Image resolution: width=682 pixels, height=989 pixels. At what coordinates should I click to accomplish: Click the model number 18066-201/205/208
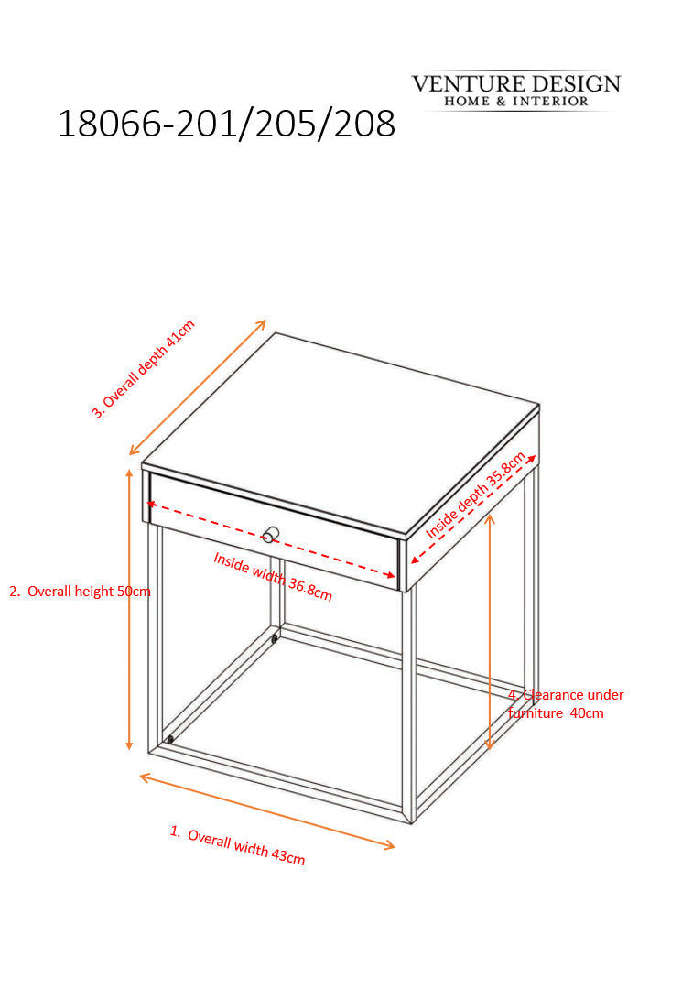(x=226, y=124)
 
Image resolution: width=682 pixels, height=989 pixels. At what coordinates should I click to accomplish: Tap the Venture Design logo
(x=515, y=91)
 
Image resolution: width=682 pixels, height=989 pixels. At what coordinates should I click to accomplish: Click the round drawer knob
(x=270, y=535)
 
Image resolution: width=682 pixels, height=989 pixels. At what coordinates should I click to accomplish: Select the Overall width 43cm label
(x=238, y=845)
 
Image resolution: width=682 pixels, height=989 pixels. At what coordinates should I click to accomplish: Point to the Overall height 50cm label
(x=80, y=591)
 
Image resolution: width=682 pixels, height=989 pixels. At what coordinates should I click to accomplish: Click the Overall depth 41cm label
(x=143, y=369)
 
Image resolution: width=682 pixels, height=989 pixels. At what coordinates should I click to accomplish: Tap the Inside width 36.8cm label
(x=272, y=577)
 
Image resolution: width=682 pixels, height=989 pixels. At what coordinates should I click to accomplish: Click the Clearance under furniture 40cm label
(x=566, y=704)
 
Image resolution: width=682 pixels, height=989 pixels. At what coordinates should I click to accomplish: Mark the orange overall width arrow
(x=267, y=811)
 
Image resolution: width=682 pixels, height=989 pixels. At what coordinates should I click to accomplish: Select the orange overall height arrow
(x=129, y=609)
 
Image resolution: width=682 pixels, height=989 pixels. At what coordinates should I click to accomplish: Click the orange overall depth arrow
(x=198, y=387)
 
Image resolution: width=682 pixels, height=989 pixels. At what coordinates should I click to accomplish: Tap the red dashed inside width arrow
(x=271, y=539)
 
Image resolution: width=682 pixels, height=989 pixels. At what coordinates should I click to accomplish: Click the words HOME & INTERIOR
(x=516, y=101)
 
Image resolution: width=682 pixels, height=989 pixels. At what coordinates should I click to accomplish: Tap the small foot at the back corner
(x=275, y=639)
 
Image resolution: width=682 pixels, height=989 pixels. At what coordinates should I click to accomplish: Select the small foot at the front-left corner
(x=170, y=739)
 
